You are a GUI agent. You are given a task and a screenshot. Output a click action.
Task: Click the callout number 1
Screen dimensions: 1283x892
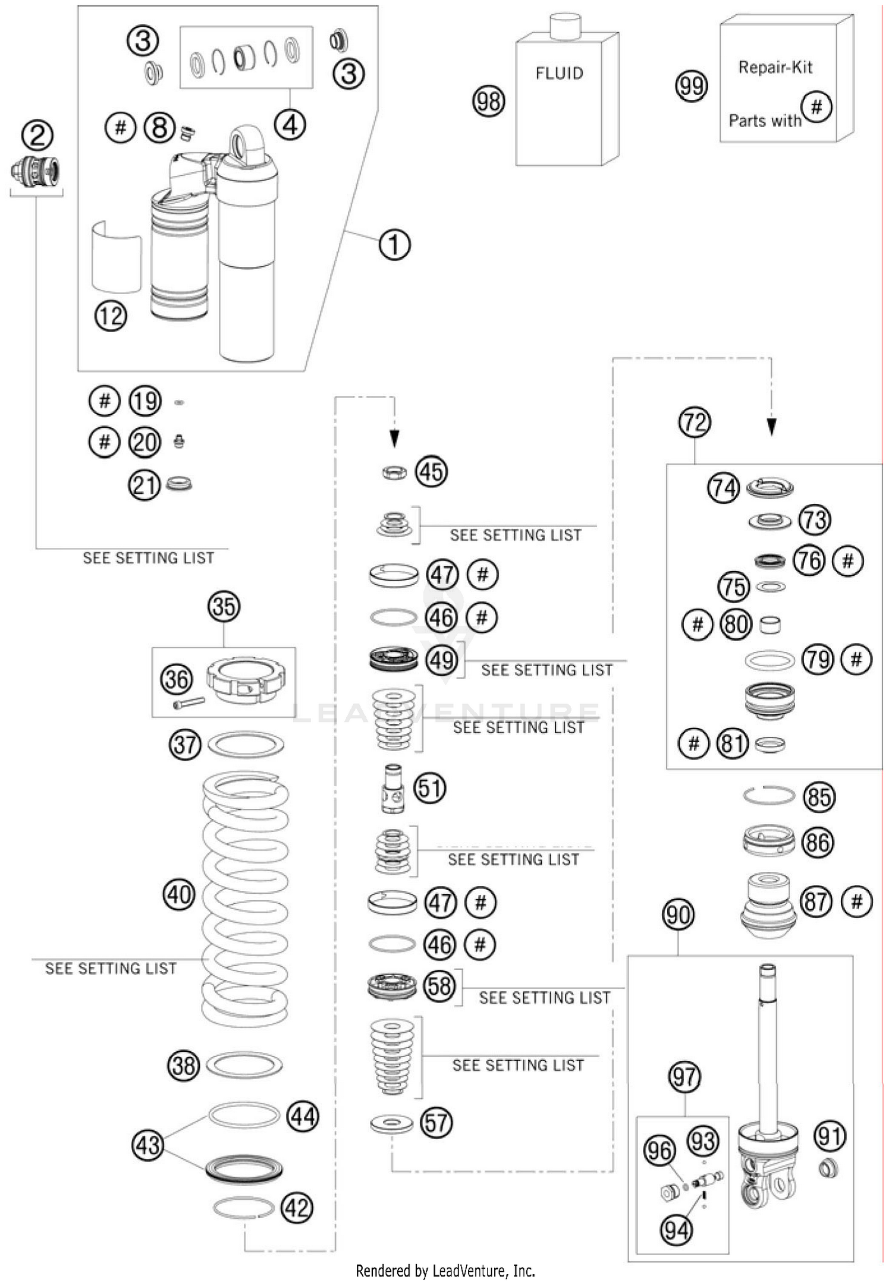(x=394, y=244)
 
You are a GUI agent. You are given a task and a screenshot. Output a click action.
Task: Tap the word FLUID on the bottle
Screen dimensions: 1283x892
(x=559, y=73)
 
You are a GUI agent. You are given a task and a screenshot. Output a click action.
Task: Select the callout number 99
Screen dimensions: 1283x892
(x=691, y=87)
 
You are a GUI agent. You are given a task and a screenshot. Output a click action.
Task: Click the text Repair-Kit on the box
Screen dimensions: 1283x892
(x=775, y=67)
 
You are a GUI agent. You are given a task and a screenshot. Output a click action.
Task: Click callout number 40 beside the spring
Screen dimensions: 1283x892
(x=179, y=894)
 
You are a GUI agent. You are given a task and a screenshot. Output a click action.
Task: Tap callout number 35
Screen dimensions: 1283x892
(x=224, y=607)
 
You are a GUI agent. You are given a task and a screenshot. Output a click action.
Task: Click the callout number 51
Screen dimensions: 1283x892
(x=429, y=788)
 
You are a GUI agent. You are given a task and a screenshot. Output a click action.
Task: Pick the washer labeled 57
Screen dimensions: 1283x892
(x=391, y=1124)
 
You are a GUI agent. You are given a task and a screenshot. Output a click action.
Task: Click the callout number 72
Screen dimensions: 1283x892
(x=695, y=423)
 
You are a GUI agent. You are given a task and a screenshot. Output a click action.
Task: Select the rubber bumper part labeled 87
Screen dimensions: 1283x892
(x=768, y=906)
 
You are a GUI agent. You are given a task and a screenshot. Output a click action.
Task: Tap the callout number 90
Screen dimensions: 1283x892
(x=678, y=915)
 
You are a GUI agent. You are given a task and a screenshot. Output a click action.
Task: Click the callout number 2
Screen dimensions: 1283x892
(x=37, y=135)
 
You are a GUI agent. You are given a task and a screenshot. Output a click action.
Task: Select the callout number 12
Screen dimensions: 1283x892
(x=111, y=316)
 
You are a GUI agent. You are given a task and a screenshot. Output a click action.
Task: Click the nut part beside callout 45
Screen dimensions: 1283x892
(x=394, y=472)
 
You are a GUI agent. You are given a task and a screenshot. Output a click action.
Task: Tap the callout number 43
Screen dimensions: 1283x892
(x=147, y=1145)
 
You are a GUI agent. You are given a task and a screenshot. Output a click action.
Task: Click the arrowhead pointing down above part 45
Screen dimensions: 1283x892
(x=394, y=439)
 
